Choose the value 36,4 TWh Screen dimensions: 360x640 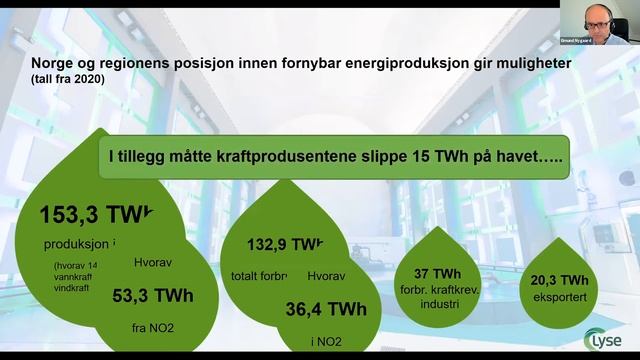tap(326, 308)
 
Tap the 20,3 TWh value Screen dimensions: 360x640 tap(560, 281)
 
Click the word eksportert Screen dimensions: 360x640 tap(560, 297)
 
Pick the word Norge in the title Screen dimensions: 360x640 tap(51, 62)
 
